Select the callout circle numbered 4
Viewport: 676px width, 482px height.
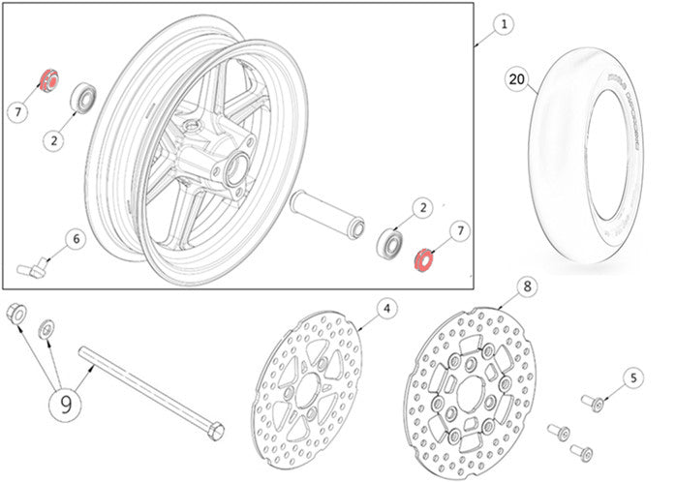coord(385,308)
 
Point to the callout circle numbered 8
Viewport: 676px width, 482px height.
coord(526,286)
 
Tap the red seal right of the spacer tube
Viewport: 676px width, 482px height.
coord(421,259)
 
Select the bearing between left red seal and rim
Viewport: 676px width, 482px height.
coord(83,97)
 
